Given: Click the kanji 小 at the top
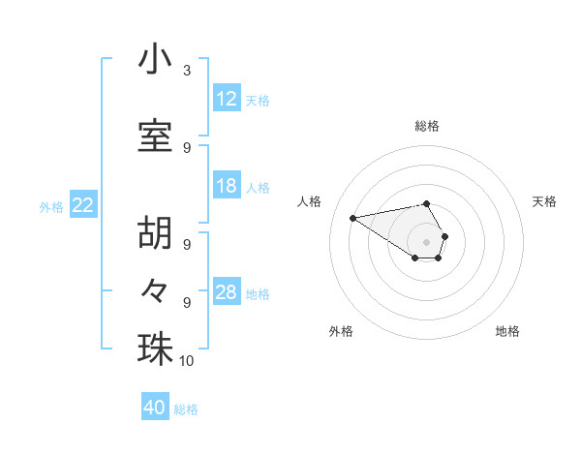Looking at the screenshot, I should coord(155,60).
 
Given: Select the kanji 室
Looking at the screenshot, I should coord(155,136).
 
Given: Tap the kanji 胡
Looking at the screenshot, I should coord(155,233).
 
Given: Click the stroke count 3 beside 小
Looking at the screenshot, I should coord(187,71).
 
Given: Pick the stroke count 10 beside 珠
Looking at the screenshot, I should coord(187,361).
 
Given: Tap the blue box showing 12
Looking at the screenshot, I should coord(227,99).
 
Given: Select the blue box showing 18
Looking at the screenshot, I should coord(227,186).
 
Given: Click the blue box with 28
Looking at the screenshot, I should coord(227,292).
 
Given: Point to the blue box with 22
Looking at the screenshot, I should coord(83,205).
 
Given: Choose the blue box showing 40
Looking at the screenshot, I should coord(155,408).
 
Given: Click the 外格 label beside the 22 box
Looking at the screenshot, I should coord(51,206).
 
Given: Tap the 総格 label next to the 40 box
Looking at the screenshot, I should coord(186,409).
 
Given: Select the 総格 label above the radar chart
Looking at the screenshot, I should coord(427,126).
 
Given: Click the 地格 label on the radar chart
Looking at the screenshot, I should coord(507,331).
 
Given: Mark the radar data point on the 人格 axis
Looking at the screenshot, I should coord(353,217).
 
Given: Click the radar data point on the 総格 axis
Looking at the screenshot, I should coord(427,203).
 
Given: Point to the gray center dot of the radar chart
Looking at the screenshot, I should coord(427,241).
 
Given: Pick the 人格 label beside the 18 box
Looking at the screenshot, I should coord(258,187).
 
